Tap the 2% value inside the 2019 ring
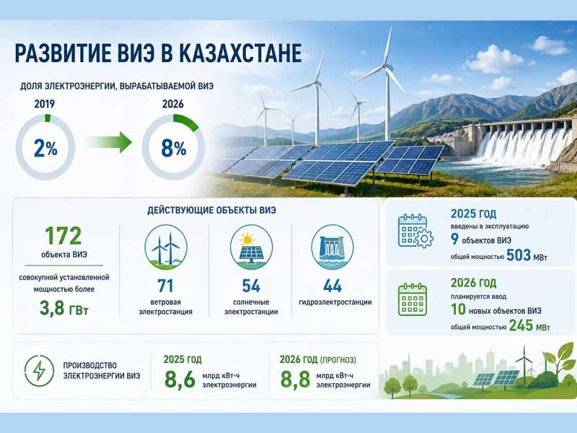(45, 149)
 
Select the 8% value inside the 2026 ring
(174, 149)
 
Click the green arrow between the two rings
(110, 142)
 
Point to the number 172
(63, 236)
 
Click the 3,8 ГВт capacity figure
(64, 308)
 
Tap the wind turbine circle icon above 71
(166, 247)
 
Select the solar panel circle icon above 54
(251, 247)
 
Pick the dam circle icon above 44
(332, 247)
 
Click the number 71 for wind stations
(165, 286)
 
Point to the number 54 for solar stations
(251, 286)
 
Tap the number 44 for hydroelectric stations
(332, 286)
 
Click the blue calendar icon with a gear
(415, 231)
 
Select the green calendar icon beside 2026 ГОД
(413, 299)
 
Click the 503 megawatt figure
(527, 255)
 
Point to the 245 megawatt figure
(529, 325)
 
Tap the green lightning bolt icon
(39, 370)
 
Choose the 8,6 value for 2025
(180, 380)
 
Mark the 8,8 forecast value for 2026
(295, 380)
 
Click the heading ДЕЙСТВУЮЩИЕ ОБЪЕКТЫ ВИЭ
(211, 211)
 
